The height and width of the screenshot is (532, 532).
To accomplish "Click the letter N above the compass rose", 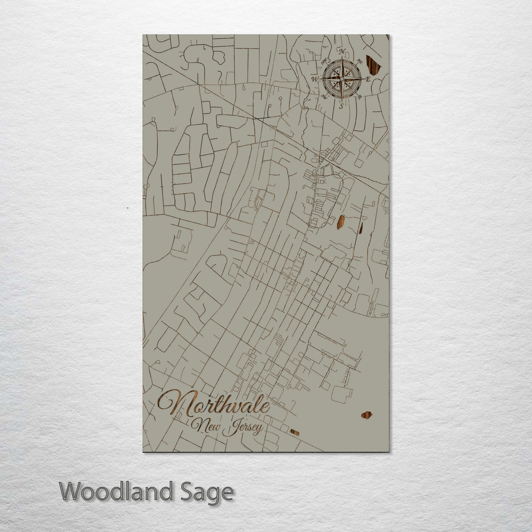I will (342, 51).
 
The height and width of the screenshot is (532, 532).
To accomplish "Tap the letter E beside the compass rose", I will (368, 78).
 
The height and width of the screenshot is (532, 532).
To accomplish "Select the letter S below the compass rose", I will (341, 105).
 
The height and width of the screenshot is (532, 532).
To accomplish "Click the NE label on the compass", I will (360, 61).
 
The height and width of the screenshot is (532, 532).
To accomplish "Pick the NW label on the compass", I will (325, 61).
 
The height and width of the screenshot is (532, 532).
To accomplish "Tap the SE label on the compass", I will (360, 97).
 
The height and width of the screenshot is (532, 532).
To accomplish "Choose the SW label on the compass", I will (325, 97).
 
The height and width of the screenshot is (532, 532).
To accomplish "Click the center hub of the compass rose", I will (342, 78).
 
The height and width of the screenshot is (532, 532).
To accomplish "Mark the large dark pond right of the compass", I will (373, 65).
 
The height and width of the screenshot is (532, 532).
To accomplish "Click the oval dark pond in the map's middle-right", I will (340, 222).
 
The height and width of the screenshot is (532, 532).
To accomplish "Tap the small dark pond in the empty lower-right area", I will (366, 415).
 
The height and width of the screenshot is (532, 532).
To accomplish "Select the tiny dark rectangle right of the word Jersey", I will (295, 432).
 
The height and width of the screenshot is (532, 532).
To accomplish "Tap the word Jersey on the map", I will (242, 429).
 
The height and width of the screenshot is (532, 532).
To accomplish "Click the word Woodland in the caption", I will (116, 492).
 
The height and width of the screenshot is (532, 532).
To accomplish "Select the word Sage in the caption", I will (207, 492).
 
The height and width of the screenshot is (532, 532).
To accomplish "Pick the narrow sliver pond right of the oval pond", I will (361, 228).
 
